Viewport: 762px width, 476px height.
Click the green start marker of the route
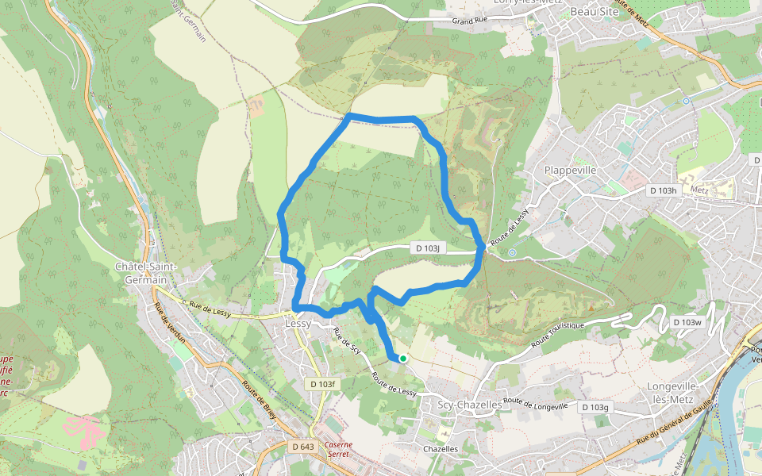coord(403,359)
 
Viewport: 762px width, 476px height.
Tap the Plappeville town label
coord(570,170)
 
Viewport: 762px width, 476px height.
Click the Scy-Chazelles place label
coord(470,404)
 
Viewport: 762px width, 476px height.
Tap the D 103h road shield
coord(662,190)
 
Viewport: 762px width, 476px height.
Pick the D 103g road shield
coord(595,407)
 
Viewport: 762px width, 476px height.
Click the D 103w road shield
coord(687,322)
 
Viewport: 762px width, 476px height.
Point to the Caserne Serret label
coord(338,451)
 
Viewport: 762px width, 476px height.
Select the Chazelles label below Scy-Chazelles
coord(441,448)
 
